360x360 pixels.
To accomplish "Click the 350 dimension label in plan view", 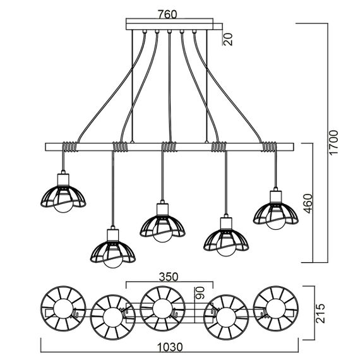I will (x=167, y=276).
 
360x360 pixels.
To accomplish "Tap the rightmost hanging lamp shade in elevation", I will (x=275, y=212).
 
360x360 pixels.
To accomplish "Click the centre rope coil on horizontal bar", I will (x=169, y=147).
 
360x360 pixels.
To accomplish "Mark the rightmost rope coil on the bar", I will (x=268, y=147).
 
